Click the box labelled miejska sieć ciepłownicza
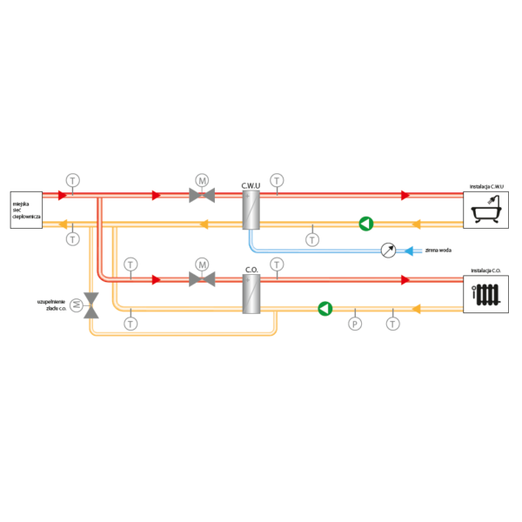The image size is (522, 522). coord(26,210)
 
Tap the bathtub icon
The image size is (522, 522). coord(486,210)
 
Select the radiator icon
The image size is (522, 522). coord(486,295)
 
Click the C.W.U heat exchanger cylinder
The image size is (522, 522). coord(251,210)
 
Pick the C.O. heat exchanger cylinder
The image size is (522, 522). coord(251,294)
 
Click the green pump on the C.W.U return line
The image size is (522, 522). coord(366,224)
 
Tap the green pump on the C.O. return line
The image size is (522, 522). coord(325,309)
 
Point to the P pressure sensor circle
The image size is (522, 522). coord(355,324)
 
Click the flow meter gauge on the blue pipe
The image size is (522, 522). coord(389,251)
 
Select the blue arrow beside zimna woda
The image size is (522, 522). coord(409,251)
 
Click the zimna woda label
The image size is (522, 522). coord(438,250)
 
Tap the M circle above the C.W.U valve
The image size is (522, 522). coord(202,180)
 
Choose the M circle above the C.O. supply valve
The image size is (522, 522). coord(202,264)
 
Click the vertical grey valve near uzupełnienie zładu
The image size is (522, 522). coord(90,305)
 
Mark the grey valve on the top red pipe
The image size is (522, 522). coord(202,195)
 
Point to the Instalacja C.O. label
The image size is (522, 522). coord(485,271)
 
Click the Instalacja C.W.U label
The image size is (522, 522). coord(486,186)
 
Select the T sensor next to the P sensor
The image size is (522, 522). coord(393,324)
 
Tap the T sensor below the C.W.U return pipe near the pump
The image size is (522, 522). coord(312,240)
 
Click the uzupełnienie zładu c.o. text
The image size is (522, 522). coord(51,305)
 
